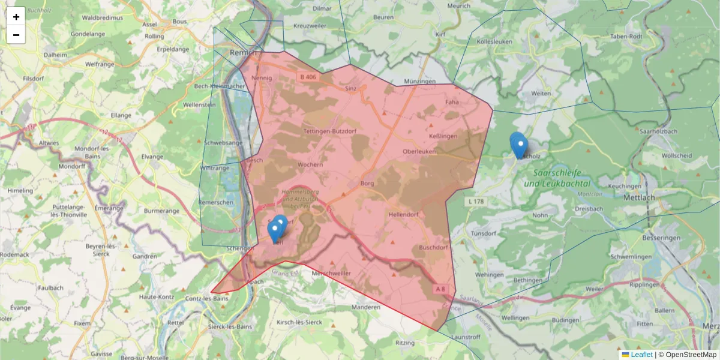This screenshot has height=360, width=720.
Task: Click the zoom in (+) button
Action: [x=16, y=17]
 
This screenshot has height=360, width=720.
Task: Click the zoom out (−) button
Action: [x=16, y=35]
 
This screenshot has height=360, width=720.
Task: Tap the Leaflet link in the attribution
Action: [x=641, y=355]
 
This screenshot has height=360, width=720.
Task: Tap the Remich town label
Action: [x=242, y=53]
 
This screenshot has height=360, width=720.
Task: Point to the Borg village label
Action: [x=367, y=183]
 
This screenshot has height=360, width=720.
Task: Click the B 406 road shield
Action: [x=308, y=77]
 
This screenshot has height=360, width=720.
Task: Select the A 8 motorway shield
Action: [x=440, y=289]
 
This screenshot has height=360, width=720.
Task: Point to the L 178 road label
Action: [x=474, y=202]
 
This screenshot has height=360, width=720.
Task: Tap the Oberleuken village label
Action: [x=419, y=151]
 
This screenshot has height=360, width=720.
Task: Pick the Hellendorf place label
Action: [x=403, y=214]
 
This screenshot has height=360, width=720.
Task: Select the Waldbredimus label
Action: [x=102, y=18]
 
